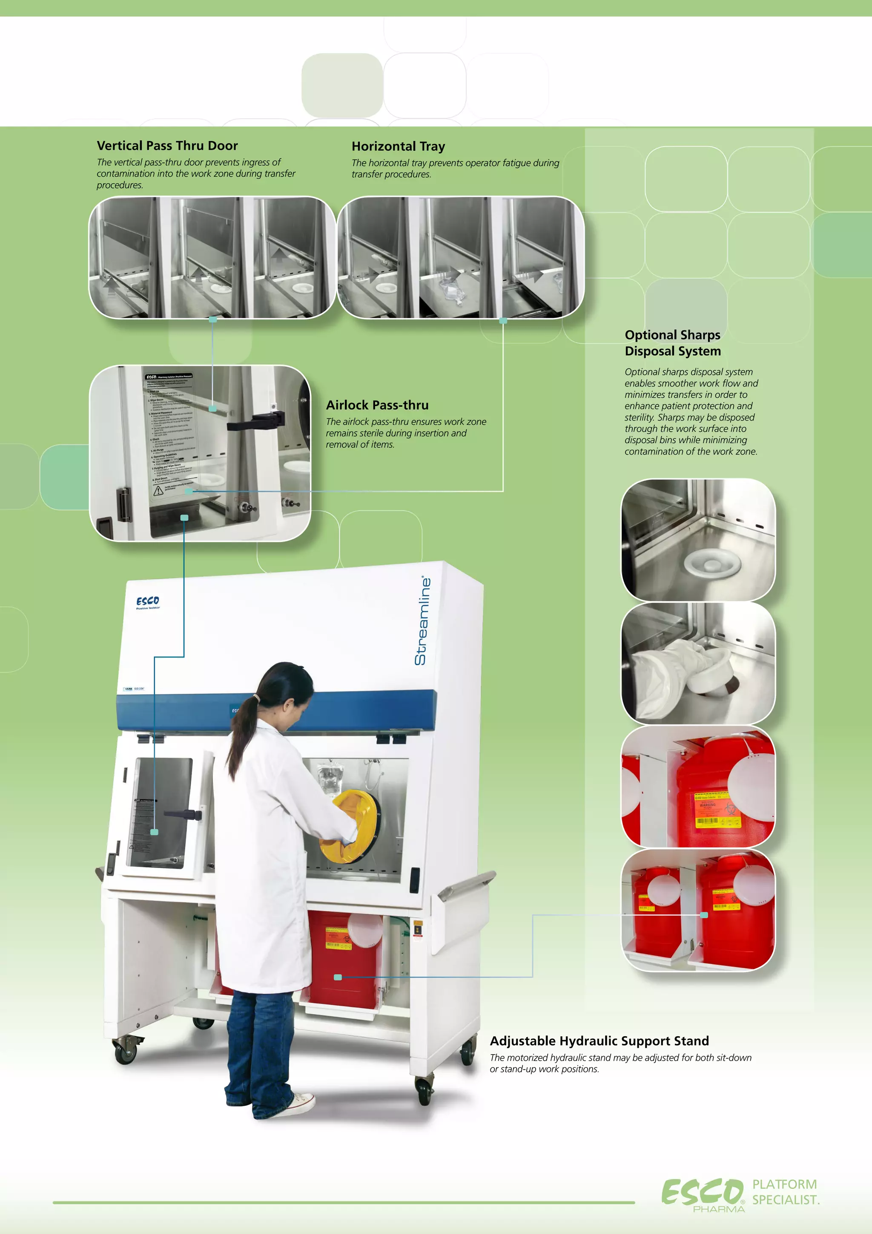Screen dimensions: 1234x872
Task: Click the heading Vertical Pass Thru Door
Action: tap(167, 146)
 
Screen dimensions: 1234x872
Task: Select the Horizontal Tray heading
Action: tap(398, 146)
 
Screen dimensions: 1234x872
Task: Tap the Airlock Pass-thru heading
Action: tap(377, 405)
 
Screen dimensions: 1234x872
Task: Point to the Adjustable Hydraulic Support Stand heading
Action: tap(599, 1041)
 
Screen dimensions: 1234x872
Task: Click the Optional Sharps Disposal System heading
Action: tap(672, 343)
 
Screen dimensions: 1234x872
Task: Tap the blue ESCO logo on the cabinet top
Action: tap(148, 601)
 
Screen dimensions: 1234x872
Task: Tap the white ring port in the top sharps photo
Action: tap(712, 564)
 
